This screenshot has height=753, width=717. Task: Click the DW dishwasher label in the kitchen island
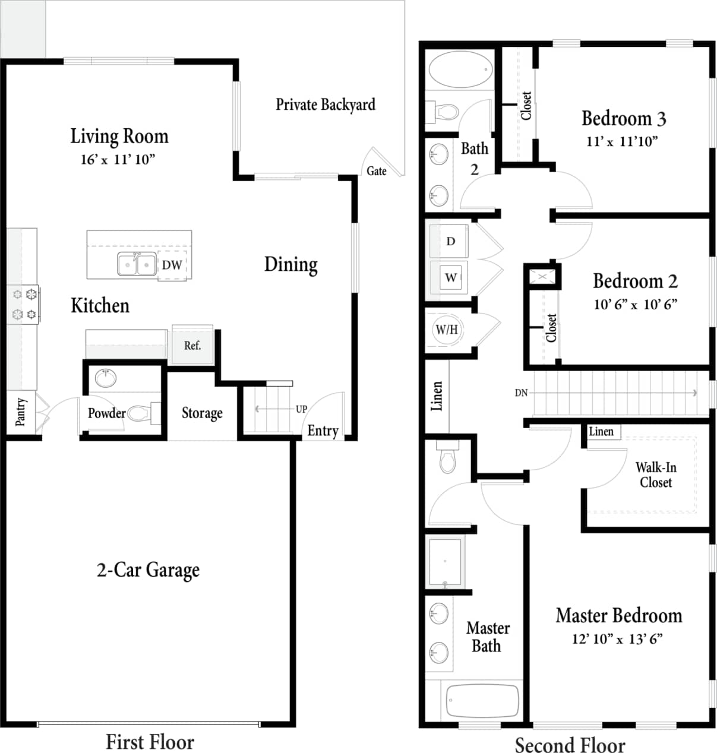[x=172, y=265]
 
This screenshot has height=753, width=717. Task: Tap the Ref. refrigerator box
[x=192, y=345]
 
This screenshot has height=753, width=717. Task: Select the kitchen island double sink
[x=137, y=264]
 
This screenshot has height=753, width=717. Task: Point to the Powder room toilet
[x=140, y=413]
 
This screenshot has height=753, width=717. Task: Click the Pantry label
[x=21, y=412]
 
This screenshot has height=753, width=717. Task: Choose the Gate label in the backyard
[x=377, y=171]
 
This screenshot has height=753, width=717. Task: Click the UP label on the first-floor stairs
[x=301, y=409]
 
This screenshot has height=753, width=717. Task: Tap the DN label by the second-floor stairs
[x=521, y=393]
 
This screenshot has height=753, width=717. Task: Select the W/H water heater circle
[x=447, y=330]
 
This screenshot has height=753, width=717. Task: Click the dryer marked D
[x=450, y=241]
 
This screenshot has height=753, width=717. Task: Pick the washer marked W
[x=451, y=277]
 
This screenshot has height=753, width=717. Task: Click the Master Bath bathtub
[x=482, y=701]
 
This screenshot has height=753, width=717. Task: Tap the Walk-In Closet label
[x=656, y=475]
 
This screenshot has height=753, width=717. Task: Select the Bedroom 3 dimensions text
[x=622, y=141]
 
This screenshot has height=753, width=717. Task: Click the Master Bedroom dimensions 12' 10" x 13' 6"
[x=617, y=639]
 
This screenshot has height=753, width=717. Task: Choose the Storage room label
[x=202, y=413]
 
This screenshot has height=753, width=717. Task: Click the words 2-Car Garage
[x=148, y=570]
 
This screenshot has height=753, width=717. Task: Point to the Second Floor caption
[x=570, y=745]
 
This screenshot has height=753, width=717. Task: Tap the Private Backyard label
[x=326, y=105]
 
